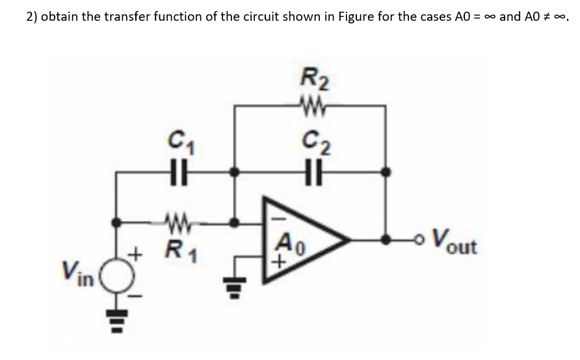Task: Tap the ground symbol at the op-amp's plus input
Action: click(237, 286)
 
